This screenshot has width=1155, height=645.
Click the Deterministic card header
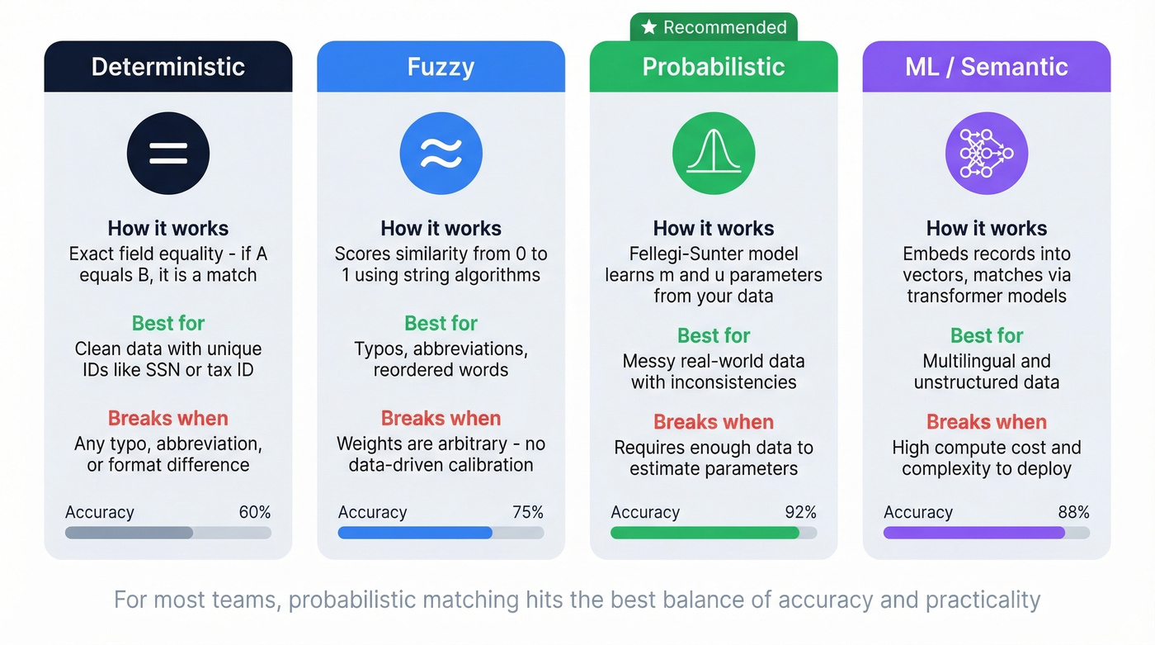(x=168, y=67)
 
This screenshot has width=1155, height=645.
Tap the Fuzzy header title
(x=441, y=67)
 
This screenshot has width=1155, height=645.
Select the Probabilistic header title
(x=714, y=67)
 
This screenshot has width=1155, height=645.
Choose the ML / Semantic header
(x=987, y=67)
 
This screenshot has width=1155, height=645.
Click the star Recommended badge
(x=714, y=27)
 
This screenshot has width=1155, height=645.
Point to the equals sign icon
(x=168, y=154)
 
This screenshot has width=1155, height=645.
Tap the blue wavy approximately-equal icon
(x=441, y=154)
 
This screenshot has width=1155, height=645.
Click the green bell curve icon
(x=714, y=154)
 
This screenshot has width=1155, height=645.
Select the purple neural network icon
(x=987, y=154)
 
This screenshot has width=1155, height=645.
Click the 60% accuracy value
(x=255, y=512)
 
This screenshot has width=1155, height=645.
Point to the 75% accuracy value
(x=528, y=512)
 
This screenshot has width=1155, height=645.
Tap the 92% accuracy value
(x=800, y=512)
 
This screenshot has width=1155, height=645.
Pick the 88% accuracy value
(x=1073, y=512)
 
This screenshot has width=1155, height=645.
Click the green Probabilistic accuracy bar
(x=705, y=533)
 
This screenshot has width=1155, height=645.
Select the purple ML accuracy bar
(x=973, y=533)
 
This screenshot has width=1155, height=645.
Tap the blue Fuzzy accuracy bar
(x=415, y=533)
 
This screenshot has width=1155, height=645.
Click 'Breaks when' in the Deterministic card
(x=168, y=418)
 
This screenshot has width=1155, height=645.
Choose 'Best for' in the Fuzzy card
(x=441, y=323)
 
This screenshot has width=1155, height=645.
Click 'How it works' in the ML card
(x=987, y=228)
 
